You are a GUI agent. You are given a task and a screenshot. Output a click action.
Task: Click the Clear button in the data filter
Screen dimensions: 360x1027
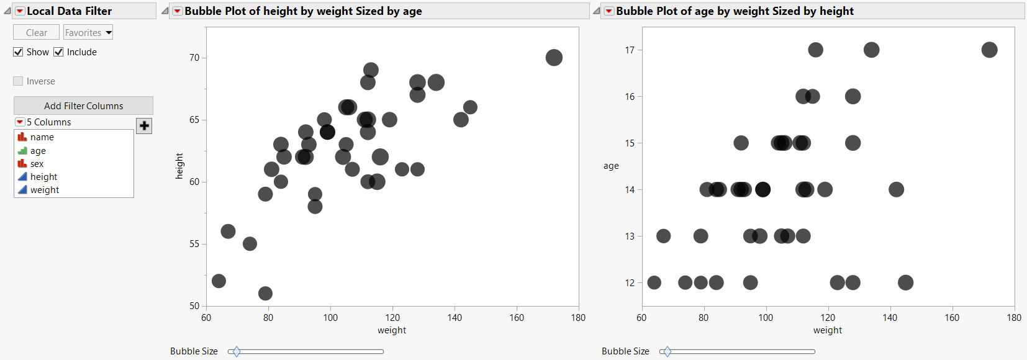tap(36, 32)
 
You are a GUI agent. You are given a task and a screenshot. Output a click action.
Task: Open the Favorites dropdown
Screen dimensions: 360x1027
tap(88, 32)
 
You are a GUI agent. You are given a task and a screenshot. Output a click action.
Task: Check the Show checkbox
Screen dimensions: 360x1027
tap(18, 52)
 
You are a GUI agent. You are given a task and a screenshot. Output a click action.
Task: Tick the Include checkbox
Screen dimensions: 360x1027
tap(58, 52)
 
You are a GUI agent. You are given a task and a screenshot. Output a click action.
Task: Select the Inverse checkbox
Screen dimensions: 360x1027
tap(18, 81)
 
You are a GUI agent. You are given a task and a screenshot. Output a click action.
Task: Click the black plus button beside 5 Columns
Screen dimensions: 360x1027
tap(144, 126)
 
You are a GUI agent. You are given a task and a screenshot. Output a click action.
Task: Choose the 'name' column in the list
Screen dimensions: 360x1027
tap(42, 137)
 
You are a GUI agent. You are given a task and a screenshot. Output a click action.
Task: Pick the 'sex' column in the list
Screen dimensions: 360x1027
tap(37, 164)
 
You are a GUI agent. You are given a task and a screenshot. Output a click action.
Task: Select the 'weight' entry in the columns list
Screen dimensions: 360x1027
tap(44, 190)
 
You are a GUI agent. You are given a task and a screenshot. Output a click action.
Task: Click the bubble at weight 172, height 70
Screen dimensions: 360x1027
tap(554, 58)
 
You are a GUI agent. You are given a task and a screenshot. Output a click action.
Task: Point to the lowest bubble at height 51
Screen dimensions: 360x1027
tap(265, 294)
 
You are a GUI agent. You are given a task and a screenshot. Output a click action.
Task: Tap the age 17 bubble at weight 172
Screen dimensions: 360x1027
tap(989, 50)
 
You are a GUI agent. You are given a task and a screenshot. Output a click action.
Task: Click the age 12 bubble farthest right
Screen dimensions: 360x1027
tap(905, 282)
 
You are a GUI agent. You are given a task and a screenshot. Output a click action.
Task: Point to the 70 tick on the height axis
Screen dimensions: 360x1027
tap(194, 58)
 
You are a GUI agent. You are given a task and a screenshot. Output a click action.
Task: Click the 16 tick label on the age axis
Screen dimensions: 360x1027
tap(630, 96)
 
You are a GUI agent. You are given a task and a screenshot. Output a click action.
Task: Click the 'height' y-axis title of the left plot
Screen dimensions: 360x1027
tap(179, 166)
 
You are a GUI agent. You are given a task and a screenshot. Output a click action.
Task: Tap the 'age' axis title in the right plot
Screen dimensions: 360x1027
tap(611, 166)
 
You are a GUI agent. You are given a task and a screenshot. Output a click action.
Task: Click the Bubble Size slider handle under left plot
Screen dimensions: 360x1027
tap(236, 352)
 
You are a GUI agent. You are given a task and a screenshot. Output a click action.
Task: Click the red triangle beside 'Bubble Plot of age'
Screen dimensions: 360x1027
tap(609, 11)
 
